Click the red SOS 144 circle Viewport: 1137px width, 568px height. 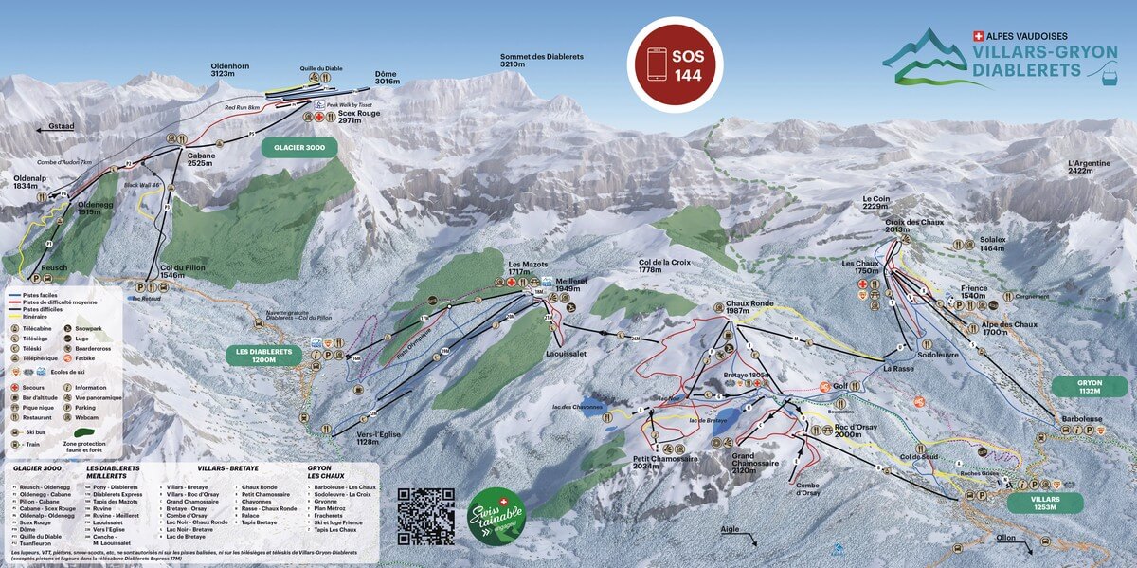tap(676, 64)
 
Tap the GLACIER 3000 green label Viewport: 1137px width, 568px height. tap(298, 149)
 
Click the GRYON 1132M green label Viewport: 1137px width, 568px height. tap(1089, 387)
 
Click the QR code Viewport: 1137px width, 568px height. tap(425, 516)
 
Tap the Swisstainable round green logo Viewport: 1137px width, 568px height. tap(496, 517)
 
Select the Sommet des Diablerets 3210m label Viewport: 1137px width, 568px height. tap(542, 62)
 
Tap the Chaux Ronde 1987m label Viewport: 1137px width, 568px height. tap(750, 307)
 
